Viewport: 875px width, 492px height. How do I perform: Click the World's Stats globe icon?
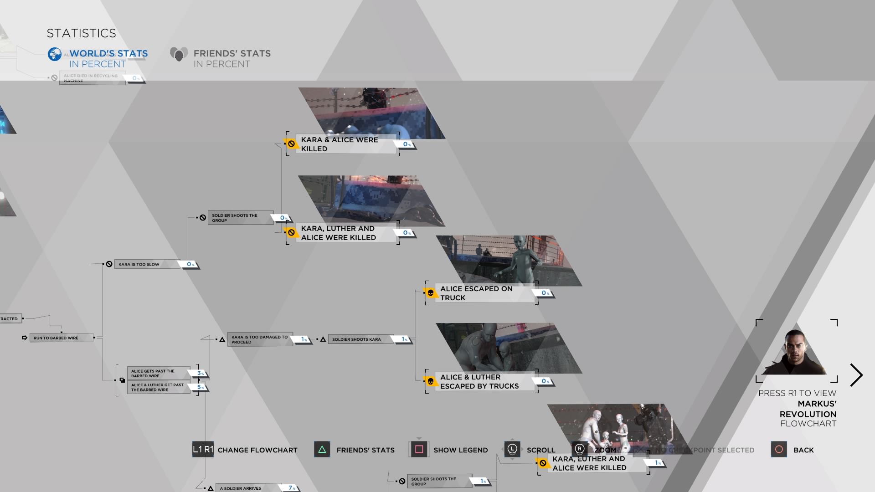55,54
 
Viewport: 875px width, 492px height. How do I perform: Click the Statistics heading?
81,33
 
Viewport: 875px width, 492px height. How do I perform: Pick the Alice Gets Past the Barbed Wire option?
158,374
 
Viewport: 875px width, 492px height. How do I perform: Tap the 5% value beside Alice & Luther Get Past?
200,387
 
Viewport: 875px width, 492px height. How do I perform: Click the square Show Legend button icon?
419,450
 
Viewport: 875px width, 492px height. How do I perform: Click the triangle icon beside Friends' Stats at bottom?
322,450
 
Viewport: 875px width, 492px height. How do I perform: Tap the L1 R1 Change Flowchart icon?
203,450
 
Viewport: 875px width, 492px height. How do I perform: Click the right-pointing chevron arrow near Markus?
856,375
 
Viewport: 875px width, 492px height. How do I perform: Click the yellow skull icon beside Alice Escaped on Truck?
430,293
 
